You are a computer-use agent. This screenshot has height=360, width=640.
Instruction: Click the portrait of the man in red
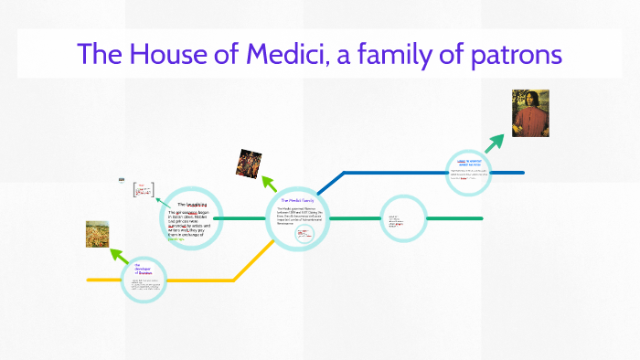click(530, 113)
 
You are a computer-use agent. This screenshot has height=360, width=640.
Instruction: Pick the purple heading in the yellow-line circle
click(144, 270)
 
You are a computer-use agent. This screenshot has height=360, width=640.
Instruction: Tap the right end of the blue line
click(522, 172)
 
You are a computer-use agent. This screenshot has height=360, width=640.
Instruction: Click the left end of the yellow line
click(90, 280)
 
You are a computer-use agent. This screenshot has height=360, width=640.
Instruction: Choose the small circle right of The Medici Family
click(402, 219)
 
